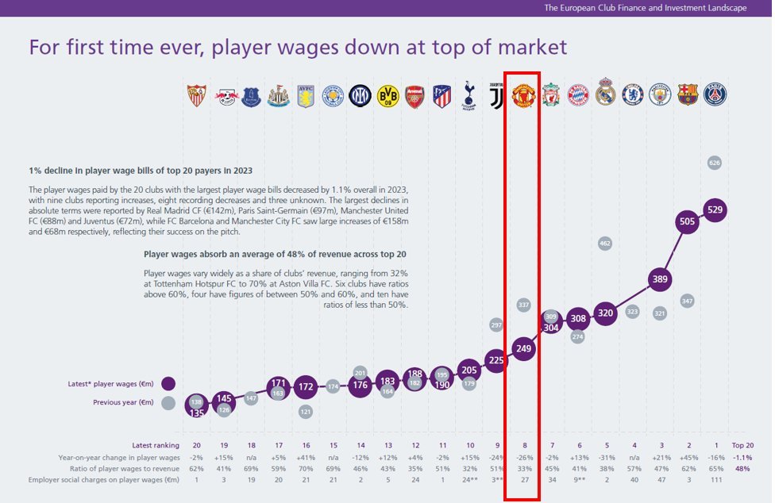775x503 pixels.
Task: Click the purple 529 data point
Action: click(x=715, y=210)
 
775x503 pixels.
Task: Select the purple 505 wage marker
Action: click(x=688, y=222)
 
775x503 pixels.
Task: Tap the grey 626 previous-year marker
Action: click(x=715, y=163)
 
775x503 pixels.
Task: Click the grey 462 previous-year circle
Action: click(x=605, y=243)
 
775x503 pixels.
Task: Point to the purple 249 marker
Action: click(x=522, y=348)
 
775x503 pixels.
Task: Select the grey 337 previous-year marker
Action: click(x=522, y=304)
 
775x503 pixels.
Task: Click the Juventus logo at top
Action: click(x=496, y=95)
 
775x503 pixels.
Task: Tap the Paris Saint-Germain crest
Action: click(x=715, y=95)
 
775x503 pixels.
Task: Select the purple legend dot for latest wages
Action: click(x=168, y=384)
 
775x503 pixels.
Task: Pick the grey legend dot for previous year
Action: click(x=168, y=402)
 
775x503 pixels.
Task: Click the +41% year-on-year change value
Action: click(x=306, y=457)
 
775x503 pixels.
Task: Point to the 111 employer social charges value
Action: click(x=715, y=480)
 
